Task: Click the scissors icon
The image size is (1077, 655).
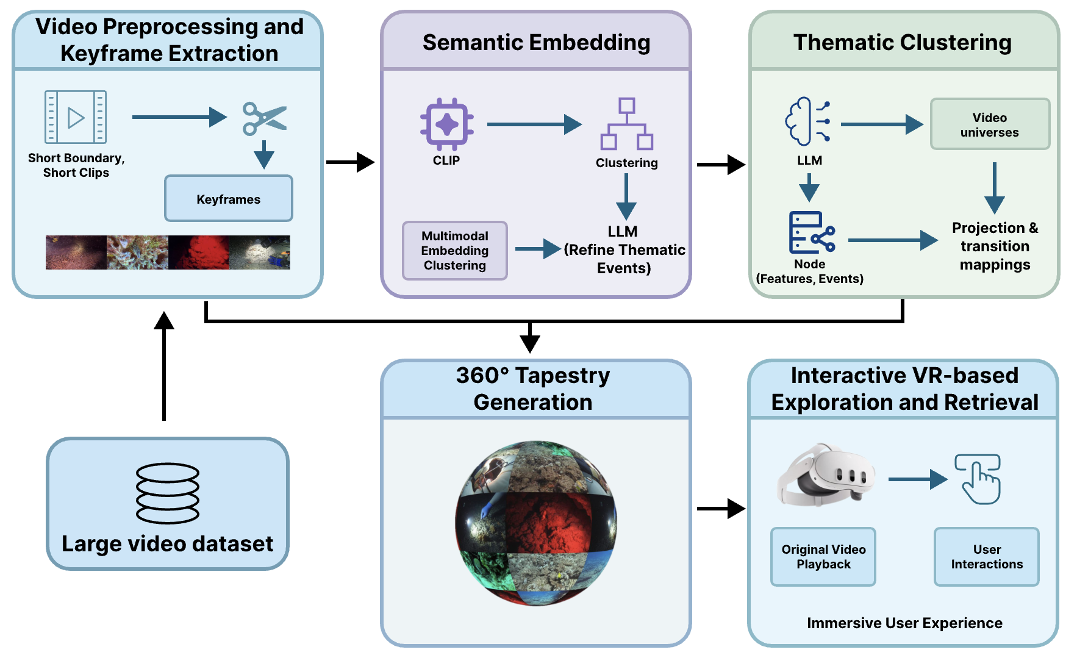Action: pos(264,118)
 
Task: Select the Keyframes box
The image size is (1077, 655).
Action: pos(229,199)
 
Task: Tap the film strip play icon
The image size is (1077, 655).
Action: pos(76,117)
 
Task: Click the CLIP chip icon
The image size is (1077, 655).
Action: pos(446,124)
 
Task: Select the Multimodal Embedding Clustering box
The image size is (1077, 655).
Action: pos(455,251)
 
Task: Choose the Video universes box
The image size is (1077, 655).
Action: pos(990,124)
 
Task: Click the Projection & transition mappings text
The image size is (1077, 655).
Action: pos(995,246)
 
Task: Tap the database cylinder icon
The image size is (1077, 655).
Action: pos(168,493)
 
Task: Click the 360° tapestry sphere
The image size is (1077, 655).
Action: pos(536,523)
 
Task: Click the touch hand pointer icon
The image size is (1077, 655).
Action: pos(978,479)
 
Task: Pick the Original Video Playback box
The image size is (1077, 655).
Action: pos(823,557)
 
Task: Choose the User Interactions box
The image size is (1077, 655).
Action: pos(987,557)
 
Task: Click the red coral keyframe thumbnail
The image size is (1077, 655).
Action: pos(199,252)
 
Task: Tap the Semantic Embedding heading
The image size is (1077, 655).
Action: pos(536,42)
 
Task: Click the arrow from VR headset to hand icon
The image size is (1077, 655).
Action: pos(917,479)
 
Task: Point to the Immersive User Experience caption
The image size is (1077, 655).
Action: pos(904,623)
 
